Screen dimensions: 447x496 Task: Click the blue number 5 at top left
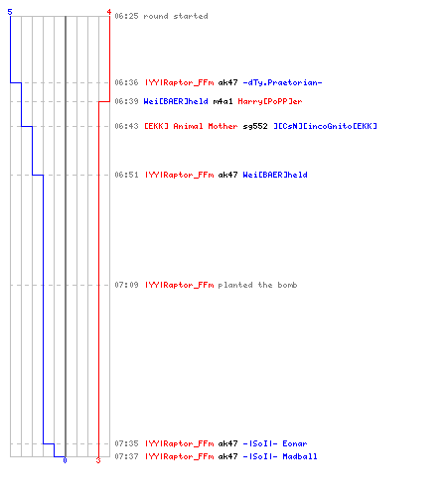click(10, 12)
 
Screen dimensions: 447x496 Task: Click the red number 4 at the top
click(109, 12)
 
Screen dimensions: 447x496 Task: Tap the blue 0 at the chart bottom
click(65, 460)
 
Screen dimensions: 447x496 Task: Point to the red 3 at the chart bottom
click(98, 460)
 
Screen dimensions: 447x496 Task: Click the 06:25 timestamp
click(126, 16)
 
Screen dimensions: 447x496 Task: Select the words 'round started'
click(176, 16)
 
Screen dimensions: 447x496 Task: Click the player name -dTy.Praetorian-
click(282, 82)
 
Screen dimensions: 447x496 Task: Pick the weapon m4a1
click(223, 101)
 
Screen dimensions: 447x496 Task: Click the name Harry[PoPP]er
click(270, 101)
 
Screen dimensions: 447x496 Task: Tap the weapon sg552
click(255, 126)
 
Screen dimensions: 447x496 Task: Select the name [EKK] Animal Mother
click(191, 126)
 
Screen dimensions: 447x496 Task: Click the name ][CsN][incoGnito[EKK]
click(325, 126)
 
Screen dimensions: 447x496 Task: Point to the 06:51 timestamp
click(126, 175)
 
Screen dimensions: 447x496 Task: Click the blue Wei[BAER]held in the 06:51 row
click(275, 175)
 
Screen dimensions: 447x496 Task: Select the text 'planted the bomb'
click(257, 285)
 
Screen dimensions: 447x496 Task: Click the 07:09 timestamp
click(126, 285)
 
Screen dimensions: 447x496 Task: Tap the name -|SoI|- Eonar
click(275, 443)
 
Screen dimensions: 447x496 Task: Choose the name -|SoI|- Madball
click(280, 456)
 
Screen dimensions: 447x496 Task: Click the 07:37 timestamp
click(126, 456)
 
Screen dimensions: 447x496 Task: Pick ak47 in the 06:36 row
click(227, 82)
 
